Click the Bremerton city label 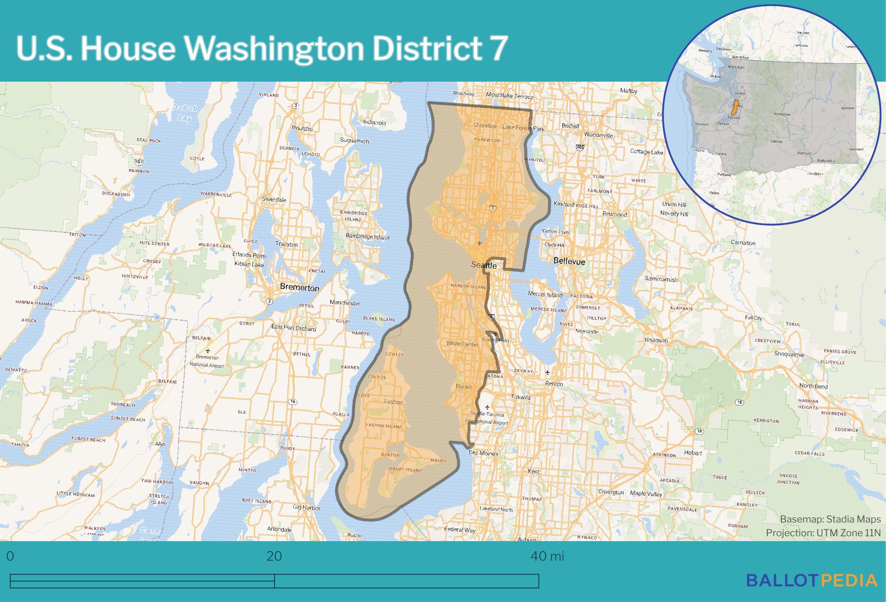point(299,287)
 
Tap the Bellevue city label point(569,262)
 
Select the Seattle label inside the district point(484,265)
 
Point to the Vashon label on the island point(393,402)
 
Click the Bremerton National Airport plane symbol point(208,351)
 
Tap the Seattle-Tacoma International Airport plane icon point(488,407)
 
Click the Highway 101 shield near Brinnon point(139,161)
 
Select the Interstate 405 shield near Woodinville point(580,147)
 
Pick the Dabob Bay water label point(184,113)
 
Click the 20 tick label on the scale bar point(274,556)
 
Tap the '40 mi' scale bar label point(547,556)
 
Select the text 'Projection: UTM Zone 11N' point(823,533)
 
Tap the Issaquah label point(656,340)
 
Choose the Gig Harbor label point(306,508)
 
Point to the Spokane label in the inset point(847,108)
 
